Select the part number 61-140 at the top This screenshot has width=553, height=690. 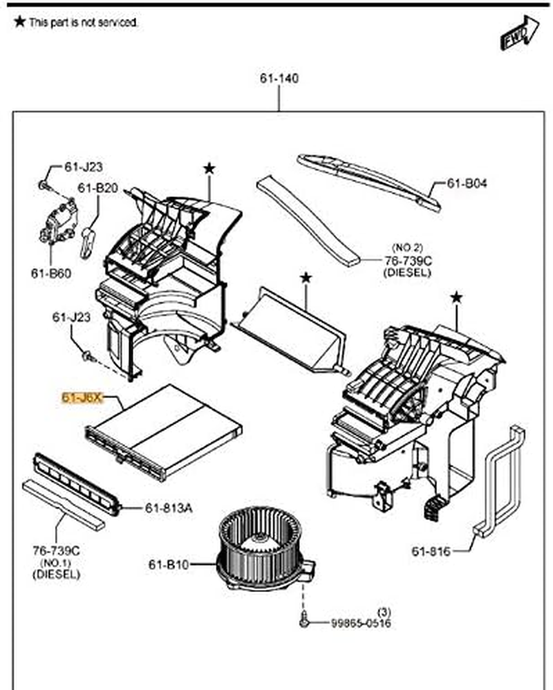pyautogui.click(x=279, y=79)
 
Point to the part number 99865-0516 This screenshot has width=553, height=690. pyautogui.click(x=360, y=624)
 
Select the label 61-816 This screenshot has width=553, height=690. pyautogui.click(x=431, y=551)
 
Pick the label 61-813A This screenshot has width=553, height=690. pyautogui.click(x=169, y=508)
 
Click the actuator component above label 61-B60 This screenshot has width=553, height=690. pyautogui.click(x=57, y=223)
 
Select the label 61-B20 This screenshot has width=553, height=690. pyautogui.click(x=97, y=188)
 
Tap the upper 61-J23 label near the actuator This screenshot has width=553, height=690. pyautogui.click(x=84, y=167)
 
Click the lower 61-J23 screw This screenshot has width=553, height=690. pyautogui.click(x=87, y=356)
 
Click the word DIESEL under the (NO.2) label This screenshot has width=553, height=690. pyautogui.click(x=407, y=272)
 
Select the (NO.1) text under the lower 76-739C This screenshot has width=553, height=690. pyautogui.click(x=56, y=563)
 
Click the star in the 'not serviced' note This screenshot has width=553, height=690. pyautogui.click(x=19, y=22)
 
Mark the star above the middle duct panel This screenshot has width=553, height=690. pyautogui.click(x=306, y=278)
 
